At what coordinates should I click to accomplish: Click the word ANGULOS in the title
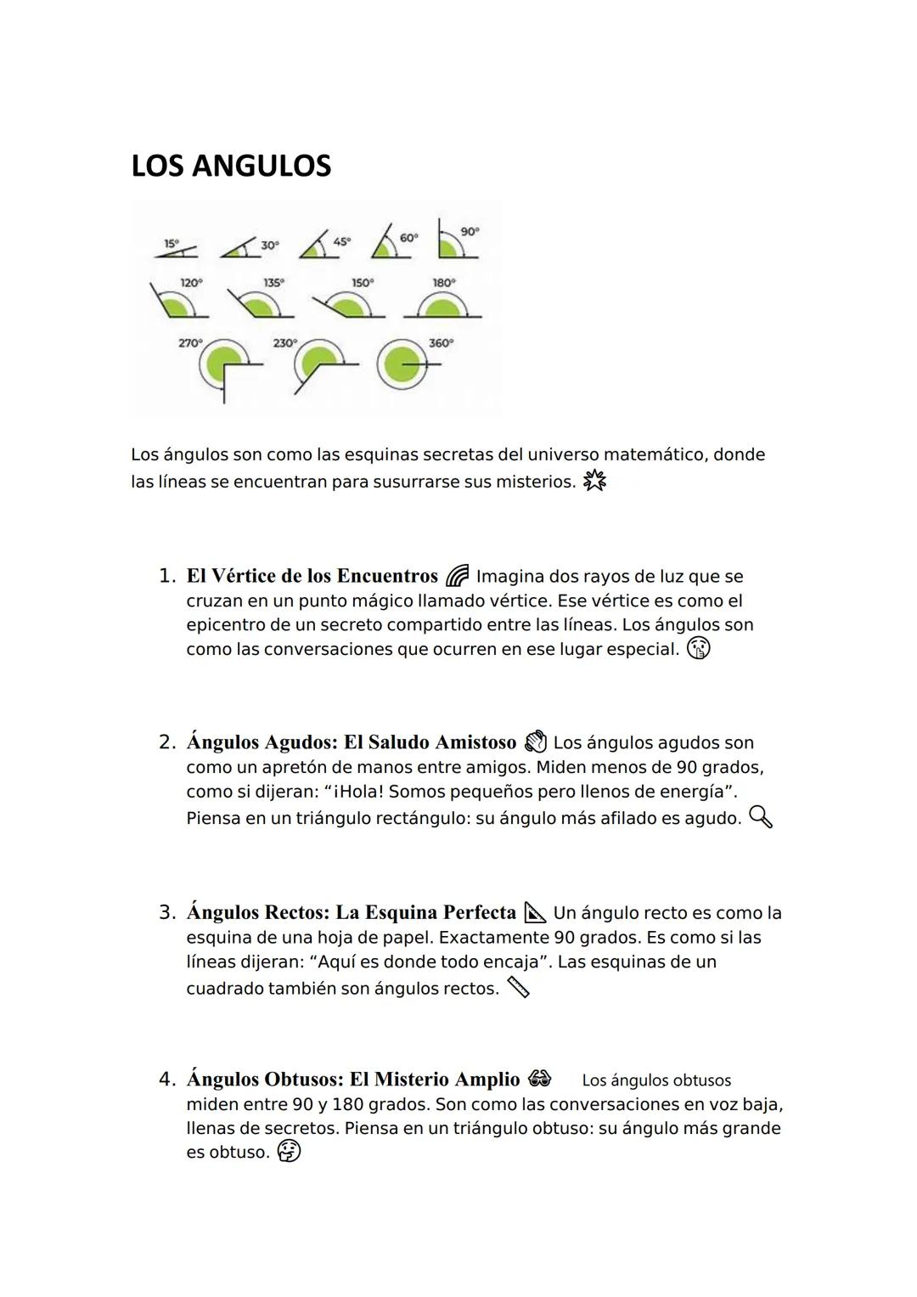[262, 166]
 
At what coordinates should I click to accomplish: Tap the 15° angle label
[171, 242]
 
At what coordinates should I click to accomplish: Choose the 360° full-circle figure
[402, 364]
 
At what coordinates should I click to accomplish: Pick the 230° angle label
[284, 343]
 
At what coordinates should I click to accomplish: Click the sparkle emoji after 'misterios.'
[594, 482]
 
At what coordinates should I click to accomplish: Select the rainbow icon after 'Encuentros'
[456, 577]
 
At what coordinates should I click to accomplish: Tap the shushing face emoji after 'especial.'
[698, 649]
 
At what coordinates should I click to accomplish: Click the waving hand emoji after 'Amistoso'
[535, 742]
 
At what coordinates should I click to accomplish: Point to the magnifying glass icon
[761, 818]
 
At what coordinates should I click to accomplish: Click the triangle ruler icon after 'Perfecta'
[535, 913]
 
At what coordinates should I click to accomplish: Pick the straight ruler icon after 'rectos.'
[518, 988]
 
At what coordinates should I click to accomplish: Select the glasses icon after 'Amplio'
[539, 1079]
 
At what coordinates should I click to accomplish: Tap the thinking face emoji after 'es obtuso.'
[289, 1152]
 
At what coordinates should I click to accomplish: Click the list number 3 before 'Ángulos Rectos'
[166, 913]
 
